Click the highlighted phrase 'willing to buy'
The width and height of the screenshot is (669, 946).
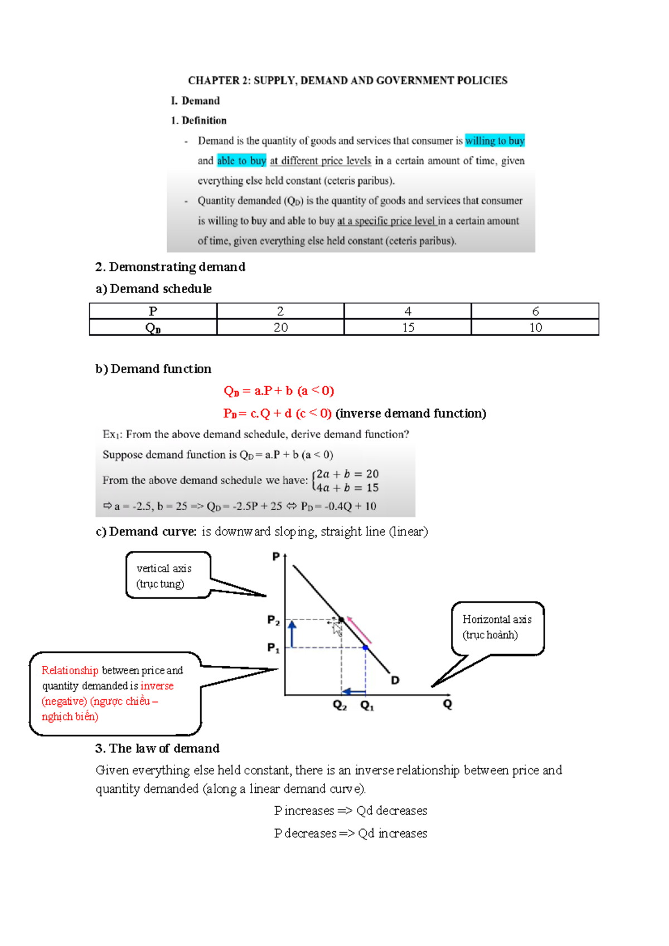pos(495,141)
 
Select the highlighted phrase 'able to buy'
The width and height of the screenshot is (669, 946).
pos(241,161)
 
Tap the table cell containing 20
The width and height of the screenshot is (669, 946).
pos(280,328)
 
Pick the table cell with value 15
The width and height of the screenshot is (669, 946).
pos(408,328)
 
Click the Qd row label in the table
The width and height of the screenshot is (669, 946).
pos(153,328)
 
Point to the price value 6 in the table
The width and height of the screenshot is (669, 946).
pos(535,311)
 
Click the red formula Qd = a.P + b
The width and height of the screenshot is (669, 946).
pos(278,391)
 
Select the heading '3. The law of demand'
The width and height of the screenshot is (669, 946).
pos(157,748)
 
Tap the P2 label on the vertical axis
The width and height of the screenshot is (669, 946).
pos(273,620)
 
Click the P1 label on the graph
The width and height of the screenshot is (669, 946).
pos(273,647)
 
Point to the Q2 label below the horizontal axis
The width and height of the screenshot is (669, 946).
pos(340,705)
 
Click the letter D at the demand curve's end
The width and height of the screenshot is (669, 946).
pos(395,680)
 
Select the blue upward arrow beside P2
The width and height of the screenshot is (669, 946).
pos(292,633)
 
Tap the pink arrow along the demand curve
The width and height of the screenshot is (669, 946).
pos(359,630)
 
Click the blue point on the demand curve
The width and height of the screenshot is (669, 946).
pos(366,647)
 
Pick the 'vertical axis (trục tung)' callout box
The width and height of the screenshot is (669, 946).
pos(168,576)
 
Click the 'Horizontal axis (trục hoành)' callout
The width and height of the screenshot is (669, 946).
pos(497,627)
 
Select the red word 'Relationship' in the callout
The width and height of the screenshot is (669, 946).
pos(70,671)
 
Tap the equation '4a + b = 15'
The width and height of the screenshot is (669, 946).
pos(347,488)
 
